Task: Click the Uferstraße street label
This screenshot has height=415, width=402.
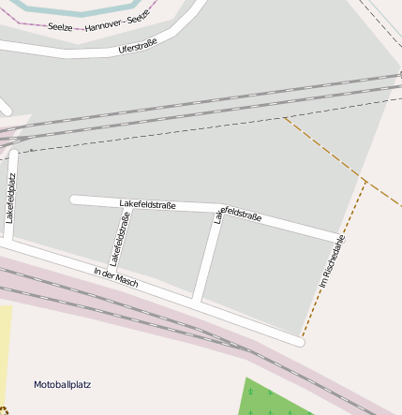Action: click(x=138, y=44)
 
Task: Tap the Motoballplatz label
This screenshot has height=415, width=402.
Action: click(x=62, y=385)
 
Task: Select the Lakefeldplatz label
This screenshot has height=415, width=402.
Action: click(x=10, y=197)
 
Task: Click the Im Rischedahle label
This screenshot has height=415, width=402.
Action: click(x=332, y=260)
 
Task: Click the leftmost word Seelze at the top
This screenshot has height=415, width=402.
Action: click(x=61, y=26)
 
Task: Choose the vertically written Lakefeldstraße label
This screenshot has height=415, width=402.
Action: click(x=119, y=238)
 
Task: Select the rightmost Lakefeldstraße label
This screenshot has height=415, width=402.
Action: click(x=238, y=215)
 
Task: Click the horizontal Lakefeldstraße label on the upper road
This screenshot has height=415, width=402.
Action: click(x=147, y=203)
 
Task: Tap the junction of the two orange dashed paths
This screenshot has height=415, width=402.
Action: click(x=365, y=178)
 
